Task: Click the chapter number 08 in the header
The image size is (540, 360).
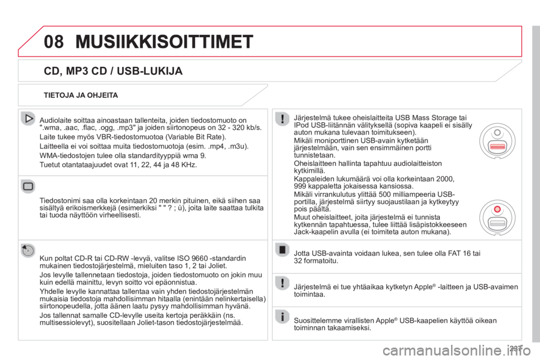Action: (54, 42)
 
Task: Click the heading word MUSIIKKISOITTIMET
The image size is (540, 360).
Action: (164, 42)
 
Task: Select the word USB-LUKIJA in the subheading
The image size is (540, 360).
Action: (150, 71)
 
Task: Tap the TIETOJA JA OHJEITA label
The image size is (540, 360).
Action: (80, 95)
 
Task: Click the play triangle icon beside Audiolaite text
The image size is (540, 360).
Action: (28, 119)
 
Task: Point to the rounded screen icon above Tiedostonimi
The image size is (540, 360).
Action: (28, 186)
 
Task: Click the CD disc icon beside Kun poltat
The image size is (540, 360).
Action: (28, 250)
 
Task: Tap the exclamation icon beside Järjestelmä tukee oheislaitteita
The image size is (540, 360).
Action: (282, 119)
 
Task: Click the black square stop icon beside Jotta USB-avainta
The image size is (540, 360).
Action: (282, 250)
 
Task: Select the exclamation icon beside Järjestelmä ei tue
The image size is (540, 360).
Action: (282, 283)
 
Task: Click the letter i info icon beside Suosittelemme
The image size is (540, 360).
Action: (282, 316)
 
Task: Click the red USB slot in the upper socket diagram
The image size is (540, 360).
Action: (498, 147)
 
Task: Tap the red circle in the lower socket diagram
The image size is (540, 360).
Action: (497, 209)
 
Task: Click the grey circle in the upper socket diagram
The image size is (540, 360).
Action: (497, 133)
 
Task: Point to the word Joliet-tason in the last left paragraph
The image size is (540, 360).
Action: (156, 323)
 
